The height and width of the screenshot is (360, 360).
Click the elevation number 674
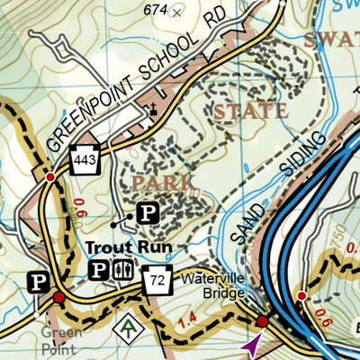tap(157, 9)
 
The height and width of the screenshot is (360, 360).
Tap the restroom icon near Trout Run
tap(124, 269)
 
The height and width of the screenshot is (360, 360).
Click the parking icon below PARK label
tap(147, 213)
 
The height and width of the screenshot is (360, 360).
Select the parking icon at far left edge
tap(38, 282)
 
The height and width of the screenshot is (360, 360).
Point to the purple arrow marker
tap(250, 344)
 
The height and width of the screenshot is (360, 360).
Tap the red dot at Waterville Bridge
tap(262, 321)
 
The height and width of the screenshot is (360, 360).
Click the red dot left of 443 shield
tap(50, 177)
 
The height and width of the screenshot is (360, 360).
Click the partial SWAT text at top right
tap(332, 40)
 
